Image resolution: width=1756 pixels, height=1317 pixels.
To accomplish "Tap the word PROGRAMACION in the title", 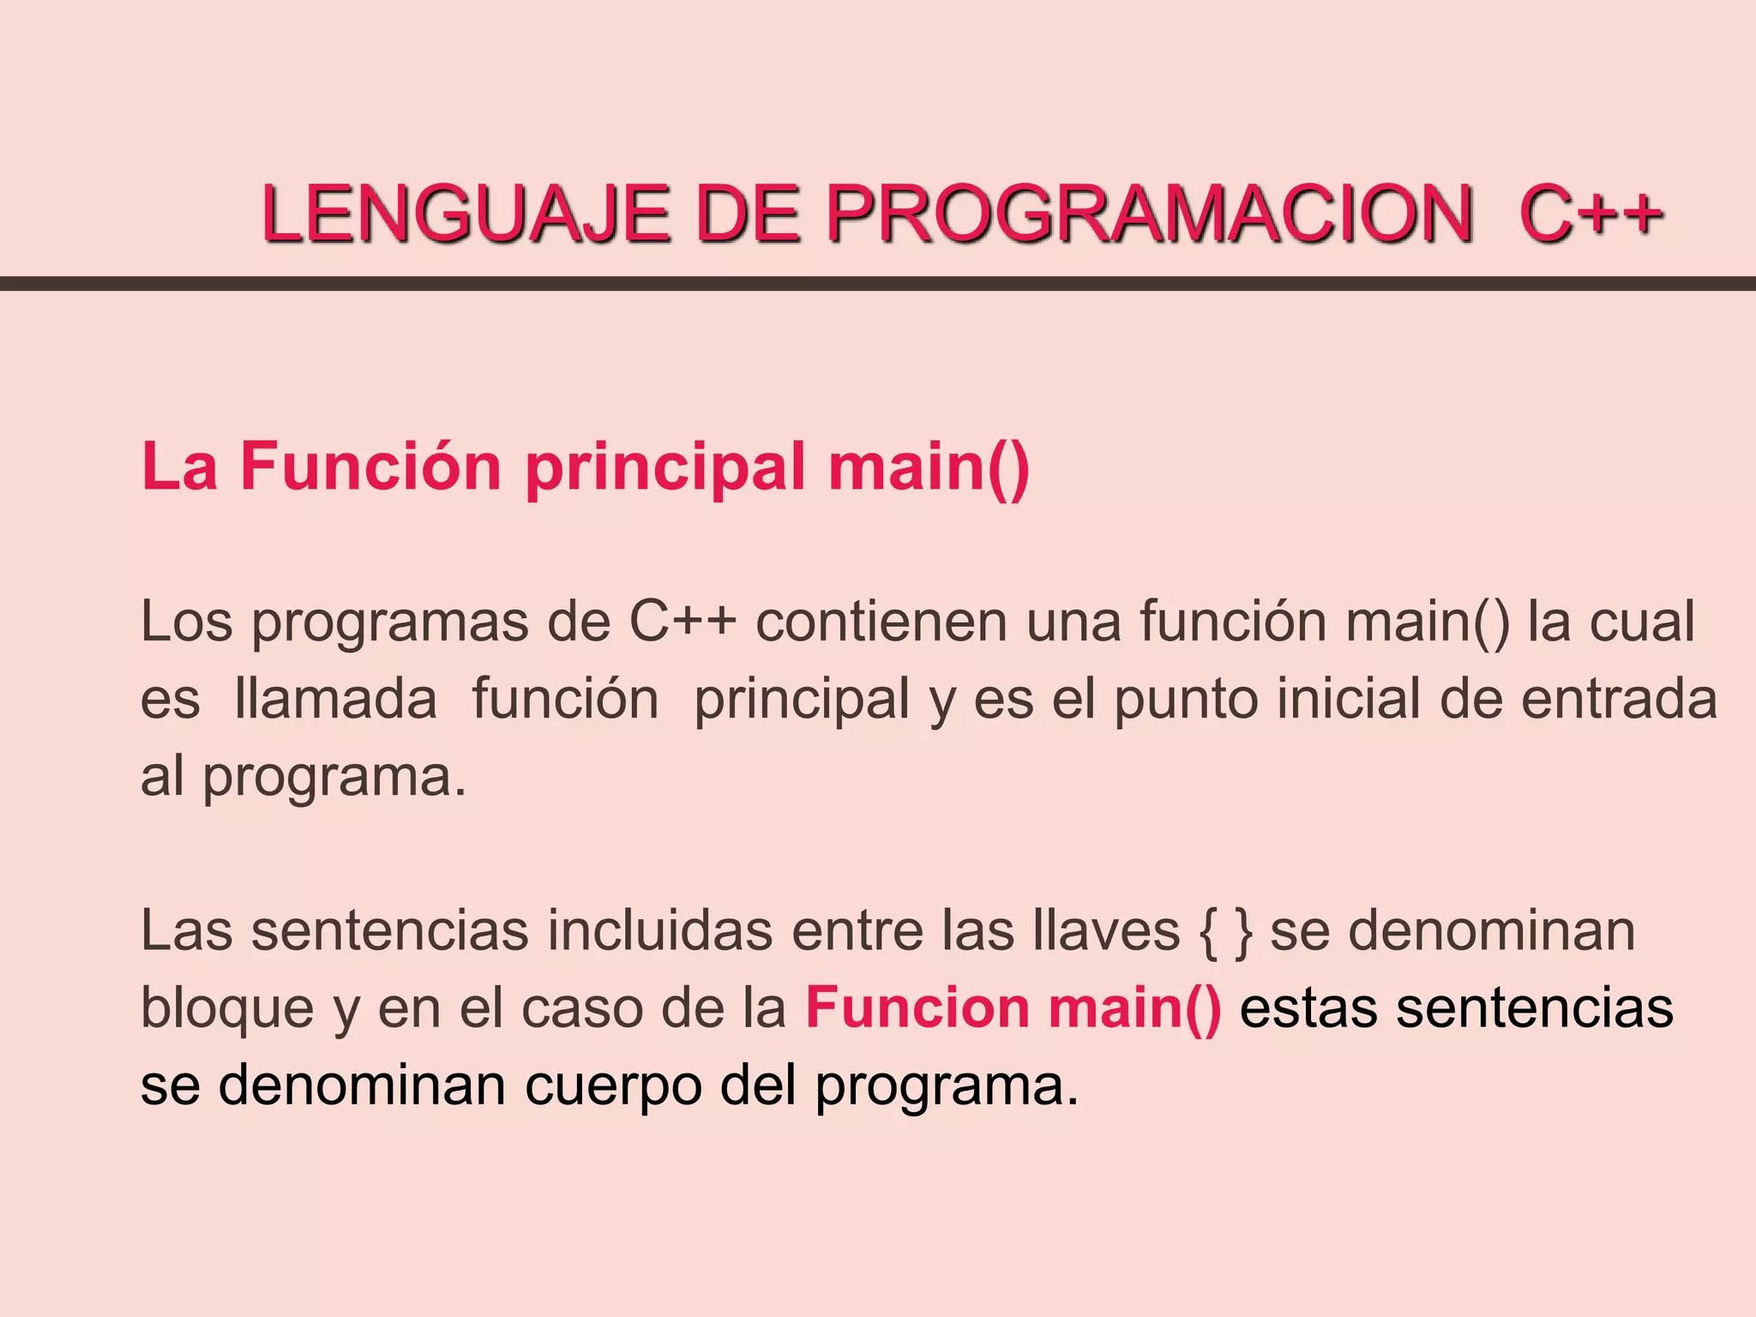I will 1149,213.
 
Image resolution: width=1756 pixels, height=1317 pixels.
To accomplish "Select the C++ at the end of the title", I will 1591,213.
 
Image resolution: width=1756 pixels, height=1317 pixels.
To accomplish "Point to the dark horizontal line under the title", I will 878,284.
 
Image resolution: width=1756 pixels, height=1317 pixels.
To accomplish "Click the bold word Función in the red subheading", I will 370,466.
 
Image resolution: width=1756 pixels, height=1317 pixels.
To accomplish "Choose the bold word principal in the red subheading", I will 665,468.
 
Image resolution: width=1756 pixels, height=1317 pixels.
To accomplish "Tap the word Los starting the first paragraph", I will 186,621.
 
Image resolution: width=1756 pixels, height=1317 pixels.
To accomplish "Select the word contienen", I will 881,621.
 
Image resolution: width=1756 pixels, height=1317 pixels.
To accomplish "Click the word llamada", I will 335,698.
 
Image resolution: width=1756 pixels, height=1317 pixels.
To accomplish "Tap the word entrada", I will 1619,698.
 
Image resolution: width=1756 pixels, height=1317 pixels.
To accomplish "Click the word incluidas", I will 659,929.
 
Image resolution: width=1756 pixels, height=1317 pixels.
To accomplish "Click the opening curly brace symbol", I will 1207,931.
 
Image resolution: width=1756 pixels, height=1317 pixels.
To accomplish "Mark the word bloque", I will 227,1008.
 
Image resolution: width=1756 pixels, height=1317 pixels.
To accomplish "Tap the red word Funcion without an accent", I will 917,1007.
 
